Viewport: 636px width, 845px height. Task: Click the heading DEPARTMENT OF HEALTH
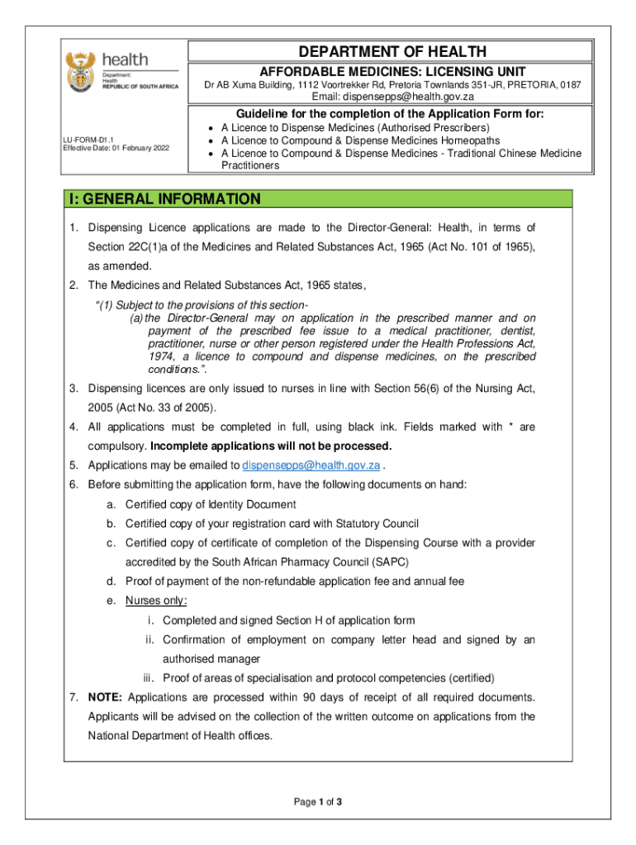click(392, 51)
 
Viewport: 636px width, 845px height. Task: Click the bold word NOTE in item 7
click(106, 697)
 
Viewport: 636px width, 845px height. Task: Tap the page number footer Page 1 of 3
click(317, 802)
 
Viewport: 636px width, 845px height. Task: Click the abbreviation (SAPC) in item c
click(383, 562)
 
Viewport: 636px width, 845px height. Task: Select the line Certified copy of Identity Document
click(211, 504)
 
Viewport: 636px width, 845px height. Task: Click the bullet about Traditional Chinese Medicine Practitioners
click(401, 158)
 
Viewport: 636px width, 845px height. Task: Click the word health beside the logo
click(125, 60)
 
